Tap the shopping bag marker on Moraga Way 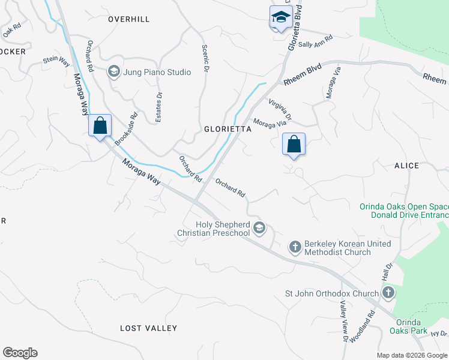tap(100, 126)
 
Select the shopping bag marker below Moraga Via tap(294, 144)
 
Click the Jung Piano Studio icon tap(113, 72)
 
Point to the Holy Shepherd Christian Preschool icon tap(259, 227)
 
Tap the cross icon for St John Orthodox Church tap(388, 293)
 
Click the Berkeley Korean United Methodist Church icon tap(294, 247)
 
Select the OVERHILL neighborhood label tap(128, 19)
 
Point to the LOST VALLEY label tap(148, 328)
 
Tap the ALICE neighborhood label tap(406, 165)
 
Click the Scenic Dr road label tap(205, 59)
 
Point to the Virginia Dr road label tap(280, 108)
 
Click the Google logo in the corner tap(20, 353)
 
